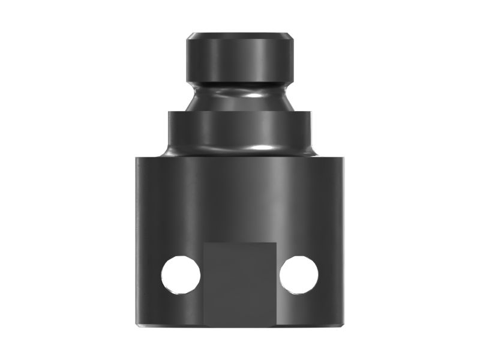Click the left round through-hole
point(181,275)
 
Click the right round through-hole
point(299,275)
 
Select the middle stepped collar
point(240,129)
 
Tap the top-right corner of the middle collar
point(311,112)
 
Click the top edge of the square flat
point(240,243)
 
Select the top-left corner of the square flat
point(204,243)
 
